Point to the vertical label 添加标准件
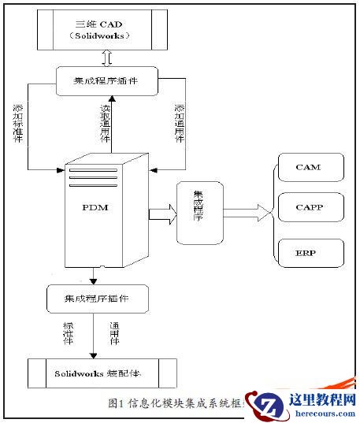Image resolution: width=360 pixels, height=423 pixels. pyautogui.click(x=17, y=123)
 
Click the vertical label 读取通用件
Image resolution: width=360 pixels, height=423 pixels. pyautogui.click(x=102, y=123)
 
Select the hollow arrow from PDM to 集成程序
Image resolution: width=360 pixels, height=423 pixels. pyautogui.click(x=161, y=212)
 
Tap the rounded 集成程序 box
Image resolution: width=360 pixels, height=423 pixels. pyautogui.click(x=196, y=212)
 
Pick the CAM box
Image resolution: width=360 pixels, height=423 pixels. pyautogui.click(x=308, y=168)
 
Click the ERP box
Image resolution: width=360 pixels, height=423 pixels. pyautogui.click(x=308, y=254)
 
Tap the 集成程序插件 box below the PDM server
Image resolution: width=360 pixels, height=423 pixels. pyautogui.click(x=97, y=299)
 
